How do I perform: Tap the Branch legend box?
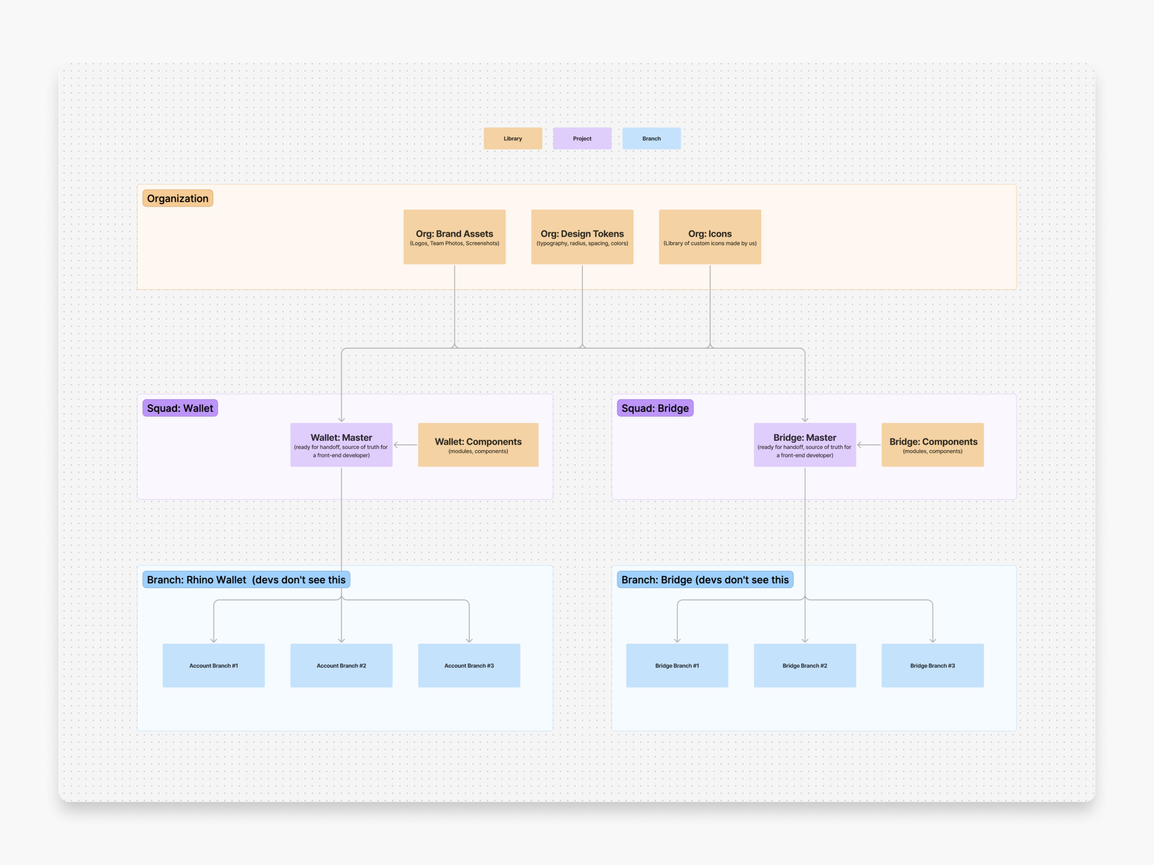point(651,139)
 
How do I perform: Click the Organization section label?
point(177,198)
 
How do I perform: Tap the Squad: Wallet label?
point(180,408)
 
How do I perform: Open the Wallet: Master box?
point(341,445)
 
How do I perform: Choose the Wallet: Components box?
point(478,445)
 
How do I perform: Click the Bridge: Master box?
point(805,445)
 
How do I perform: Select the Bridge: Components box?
point(932,445)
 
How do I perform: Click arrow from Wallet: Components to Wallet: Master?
point(405,445)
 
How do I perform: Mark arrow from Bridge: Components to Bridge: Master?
point(869,445)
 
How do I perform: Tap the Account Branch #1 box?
point(213,665)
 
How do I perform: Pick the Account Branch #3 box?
point(468,665)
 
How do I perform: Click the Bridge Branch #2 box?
point(805,665)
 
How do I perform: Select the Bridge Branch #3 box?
point(932,665)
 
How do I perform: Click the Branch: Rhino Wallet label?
point(246,579)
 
